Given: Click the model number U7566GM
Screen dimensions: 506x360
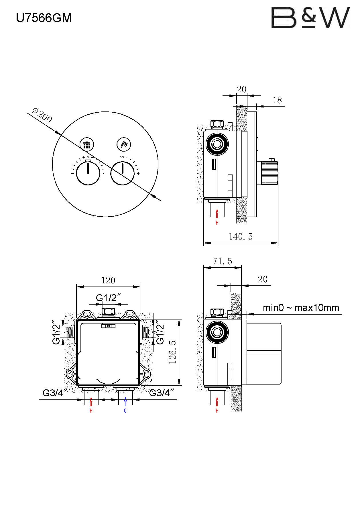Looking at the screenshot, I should pos(44,18).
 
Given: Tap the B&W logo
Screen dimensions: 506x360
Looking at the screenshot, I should pos(310,18).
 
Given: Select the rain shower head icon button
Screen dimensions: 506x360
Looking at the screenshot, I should pos(86,145).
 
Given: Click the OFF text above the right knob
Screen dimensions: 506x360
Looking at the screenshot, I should pos(122,157).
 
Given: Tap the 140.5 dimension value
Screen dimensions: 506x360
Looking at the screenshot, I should pos(241,236).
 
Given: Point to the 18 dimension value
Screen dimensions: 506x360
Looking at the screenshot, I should pos(277,100).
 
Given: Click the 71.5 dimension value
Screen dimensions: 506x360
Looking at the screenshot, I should pos(223,261).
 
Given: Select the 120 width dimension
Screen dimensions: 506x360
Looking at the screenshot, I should pos(108,280).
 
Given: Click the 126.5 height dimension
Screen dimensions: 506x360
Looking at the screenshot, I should pos(173,352).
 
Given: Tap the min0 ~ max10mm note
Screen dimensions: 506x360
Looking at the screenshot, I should pos(301,308).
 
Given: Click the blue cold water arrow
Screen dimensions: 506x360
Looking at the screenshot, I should pos(125,402).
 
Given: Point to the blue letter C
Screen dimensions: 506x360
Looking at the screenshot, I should pos(125,411).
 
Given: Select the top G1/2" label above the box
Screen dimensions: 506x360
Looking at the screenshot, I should pos(108,298).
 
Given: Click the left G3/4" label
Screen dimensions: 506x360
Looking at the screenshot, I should pos(53,393).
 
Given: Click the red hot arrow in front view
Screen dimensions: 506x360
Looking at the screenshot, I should pos(91,402).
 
